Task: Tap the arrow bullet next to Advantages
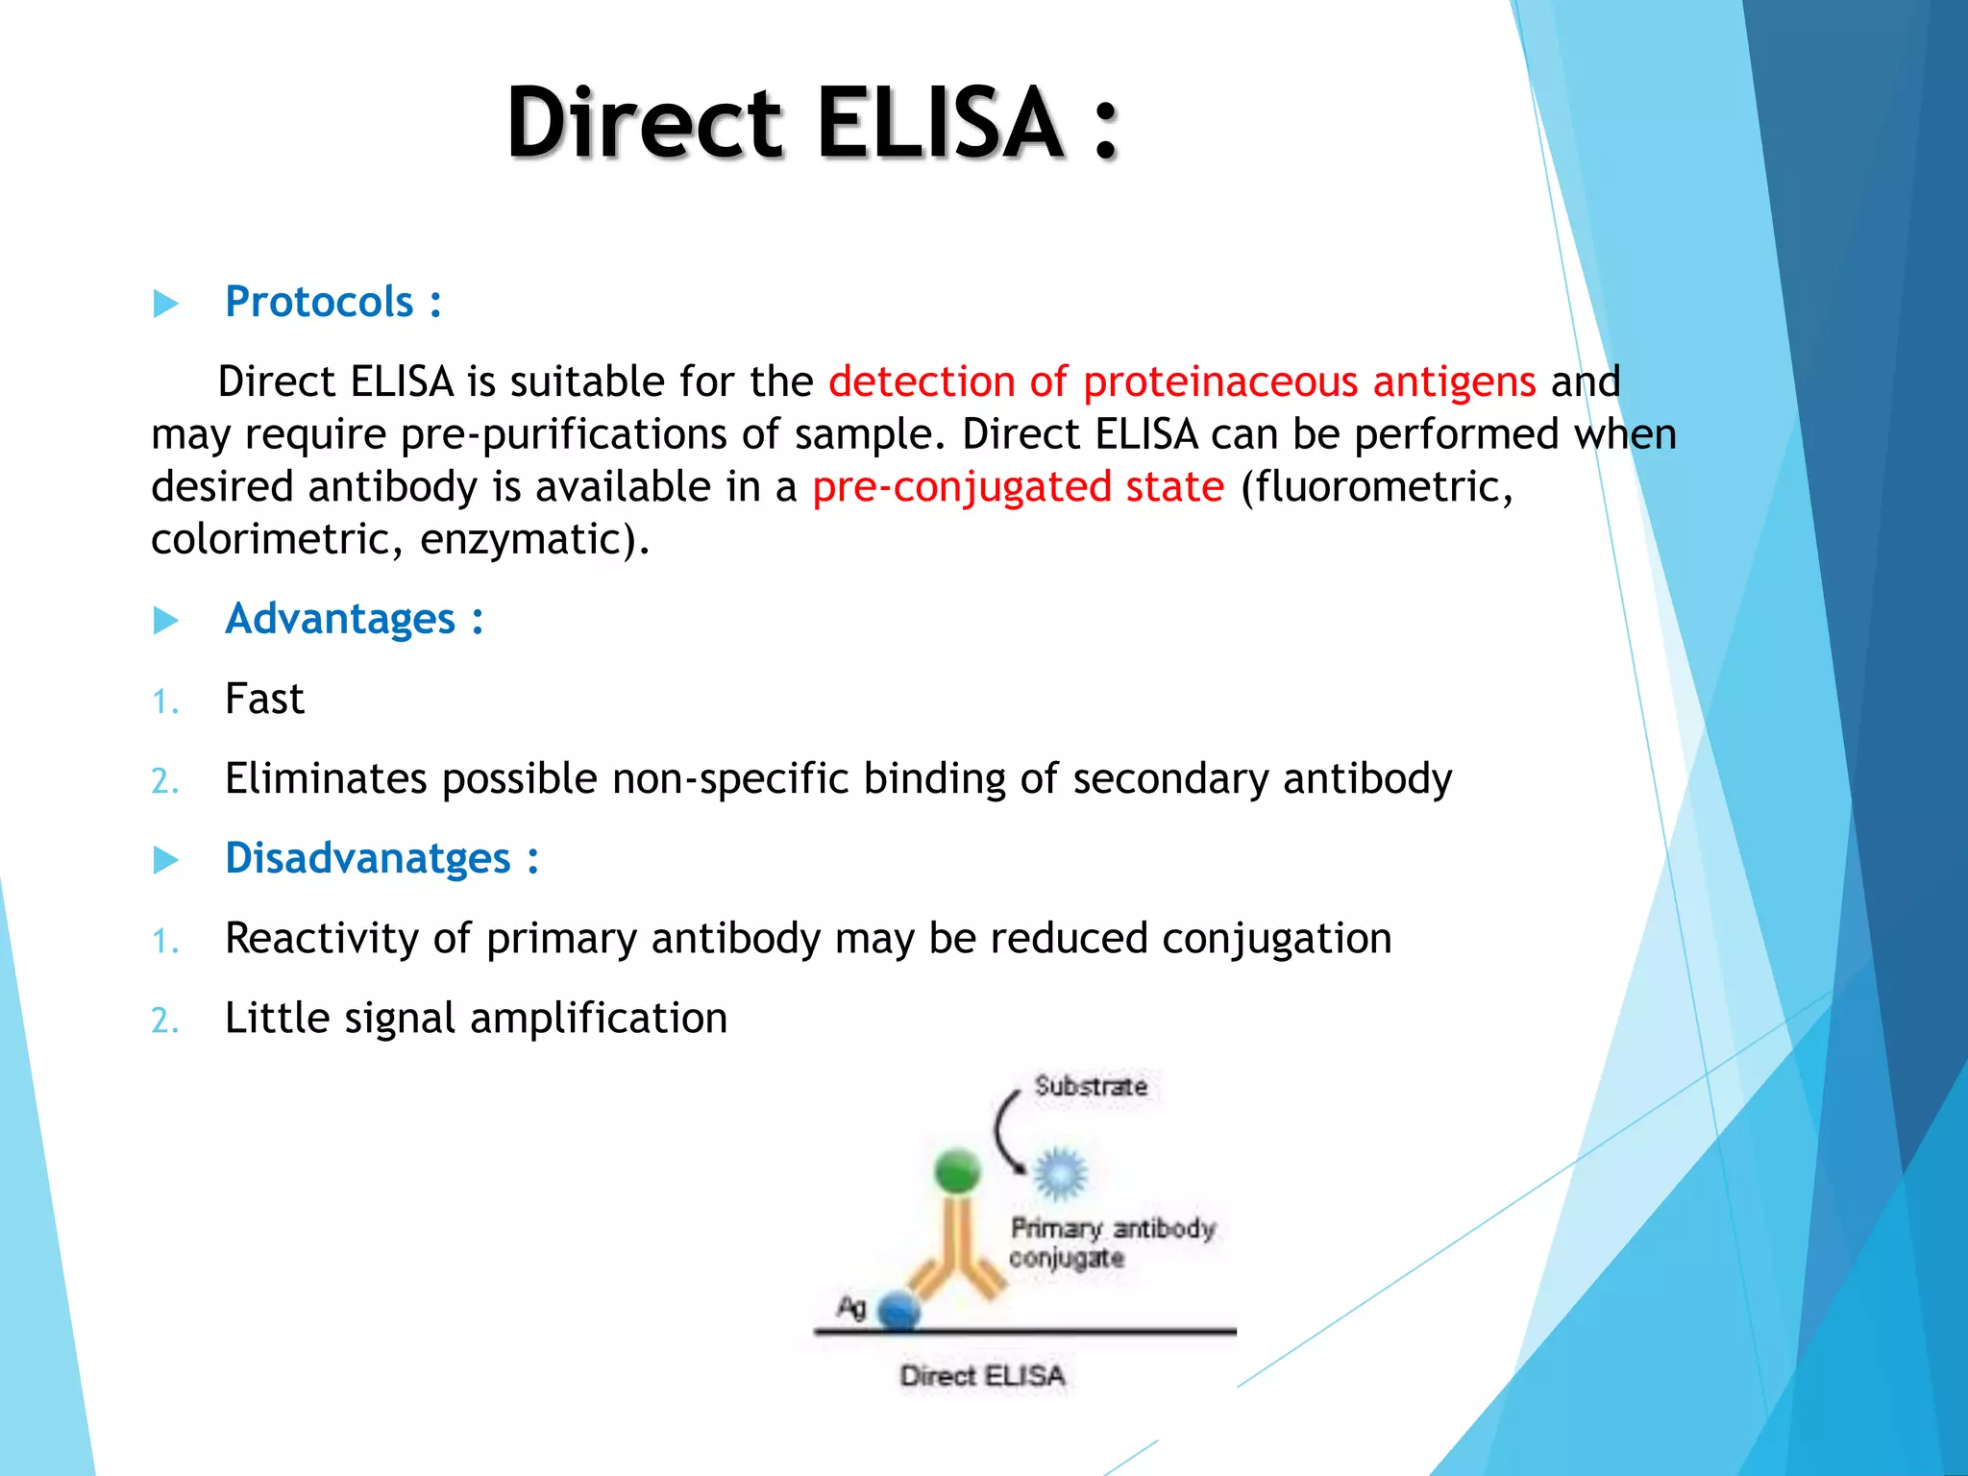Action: coord(166,621)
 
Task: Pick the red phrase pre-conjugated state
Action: coord(1018,486)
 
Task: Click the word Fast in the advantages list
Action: coord(264,699)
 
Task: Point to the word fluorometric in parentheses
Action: coord(1376,486)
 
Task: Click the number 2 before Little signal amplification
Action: coord(163,1021)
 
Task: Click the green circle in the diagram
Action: coord(957,1170)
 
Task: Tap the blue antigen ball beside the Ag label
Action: coord(899,1311)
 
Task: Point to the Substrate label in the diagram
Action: coord(1091,1087)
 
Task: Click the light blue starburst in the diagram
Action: coord(1060,1173)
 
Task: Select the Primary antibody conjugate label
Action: coord(1111,1242)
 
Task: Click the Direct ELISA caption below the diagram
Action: coord(982,1376)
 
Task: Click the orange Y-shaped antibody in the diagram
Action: coord(957,1249)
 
